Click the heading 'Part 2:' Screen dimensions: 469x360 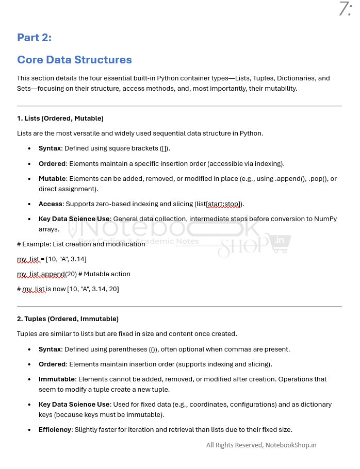[34, 38]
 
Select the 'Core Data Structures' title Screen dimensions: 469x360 [74, 60]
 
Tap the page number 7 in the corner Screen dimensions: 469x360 [344, 9]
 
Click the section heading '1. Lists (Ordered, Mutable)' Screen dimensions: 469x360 [60, 119]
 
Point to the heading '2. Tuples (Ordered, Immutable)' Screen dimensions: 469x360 [68, 319]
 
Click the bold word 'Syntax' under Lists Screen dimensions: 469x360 [50, 148]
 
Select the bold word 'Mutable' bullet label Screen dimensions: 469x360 [52, 179]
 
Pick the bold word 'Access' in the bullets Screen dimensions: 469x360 [50, 204]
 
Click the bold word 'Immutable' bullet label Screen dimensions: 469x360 [57, 379]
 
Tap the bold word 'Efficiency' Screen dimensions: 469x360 [55, 430]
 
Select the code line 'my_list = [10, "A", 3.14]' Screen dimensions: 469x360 [52, 259]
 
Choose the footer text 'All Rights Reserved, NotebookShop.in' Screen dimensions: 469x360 [261, 445]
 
